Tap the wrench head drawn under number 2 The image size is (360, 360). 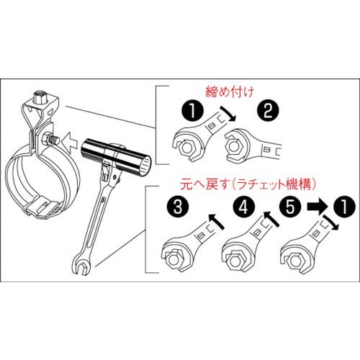click(x=241, y=147)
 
